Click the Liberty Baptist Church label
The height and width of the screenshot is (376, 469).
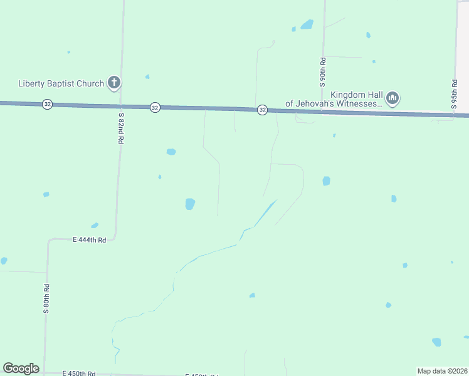pyautogui.click(x=61, y=83)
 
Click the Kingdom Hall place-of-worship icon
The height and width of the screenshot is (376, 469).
pyautogui.click(x=393, y=98)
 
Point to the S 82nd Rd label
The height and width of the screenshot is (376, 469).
pyautogui.click(x=120, y=128)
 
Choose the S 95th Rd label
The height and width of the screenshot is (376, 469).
pyautogui.click(x=454, y=94)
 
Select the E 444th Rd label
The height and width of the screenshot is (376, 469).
pyautogui.click(x=89, y=239)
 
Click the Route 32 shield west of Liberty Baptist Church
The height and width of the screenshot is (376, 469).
pyautogui.click(x=48, y=104)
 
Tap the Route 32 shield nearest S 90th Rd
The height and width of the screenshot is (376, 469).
pyautogui.click(x=263, y=110)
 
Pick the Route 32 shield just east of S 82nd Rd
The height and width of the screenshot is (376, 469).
pyautogui.click(x=155, y=107)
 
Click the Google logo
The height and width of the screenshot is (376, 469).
pyautogui.click(x=21, y=368)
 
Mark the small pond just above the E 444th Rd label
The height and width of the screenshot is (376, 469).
pyautogui.click(x=95, y=226)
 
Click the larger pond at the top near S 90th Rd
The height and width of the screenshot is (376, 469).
pyautogui.click(x=307, y=24)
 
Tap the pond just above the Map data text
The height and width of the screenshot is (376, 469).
pyautogui.click(x=436, y=342)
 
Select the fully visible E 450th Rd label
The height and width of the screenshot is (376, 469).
pyautogui.click(x=79, y=373)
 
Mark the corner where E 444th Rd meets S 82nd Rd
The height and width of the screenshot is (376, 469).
pyautogui.click(x=115, y=237)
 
